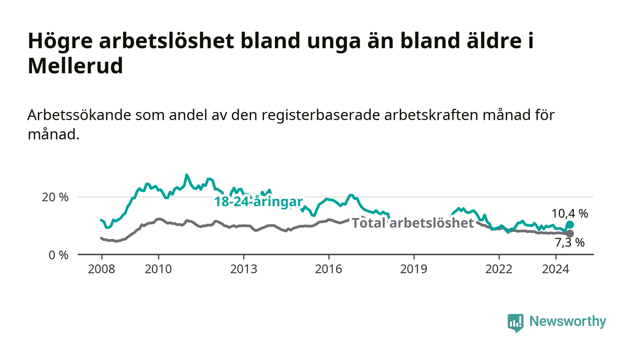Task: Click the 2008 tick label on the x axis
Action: click(x=102, y=269)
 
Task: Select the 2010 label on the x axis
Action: click(x=158, y=269)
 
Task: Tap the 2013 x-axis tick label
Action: click(x=244, y=269)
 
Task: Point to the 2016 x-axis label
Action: click(x=328, y=269)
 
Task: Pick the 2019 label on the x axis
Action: click(x=414, y=269)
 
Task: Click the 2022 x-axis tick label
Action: click(x=499, y=269)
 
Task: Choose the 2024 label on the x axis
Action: click(x=556, y=269)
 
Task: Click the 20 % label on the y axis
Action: click(x=55, y=197)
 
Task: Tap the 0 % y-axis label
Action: click(x=59, y=255)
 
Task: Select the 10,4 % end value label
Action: click(x=570, y=214)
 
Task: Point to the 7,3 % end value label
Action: click(x=570, y=243)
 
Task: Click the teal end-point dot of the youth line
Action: click(x=570, y=225)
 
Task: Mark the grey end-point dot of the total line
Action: click(x=570, y=234)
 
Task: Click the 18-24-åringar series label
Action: click(x=259, y=202)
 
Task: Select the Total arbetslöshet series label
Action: click(x=413, y=223)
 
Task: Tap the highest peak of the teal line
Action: click(x=186, y=175)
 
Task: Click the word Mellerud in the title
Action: click(x=75, y=66)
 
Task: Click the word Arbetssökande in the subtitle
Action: click(x=79, y=115)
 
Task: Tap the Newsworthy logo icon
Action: click(x=515, y=322)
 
